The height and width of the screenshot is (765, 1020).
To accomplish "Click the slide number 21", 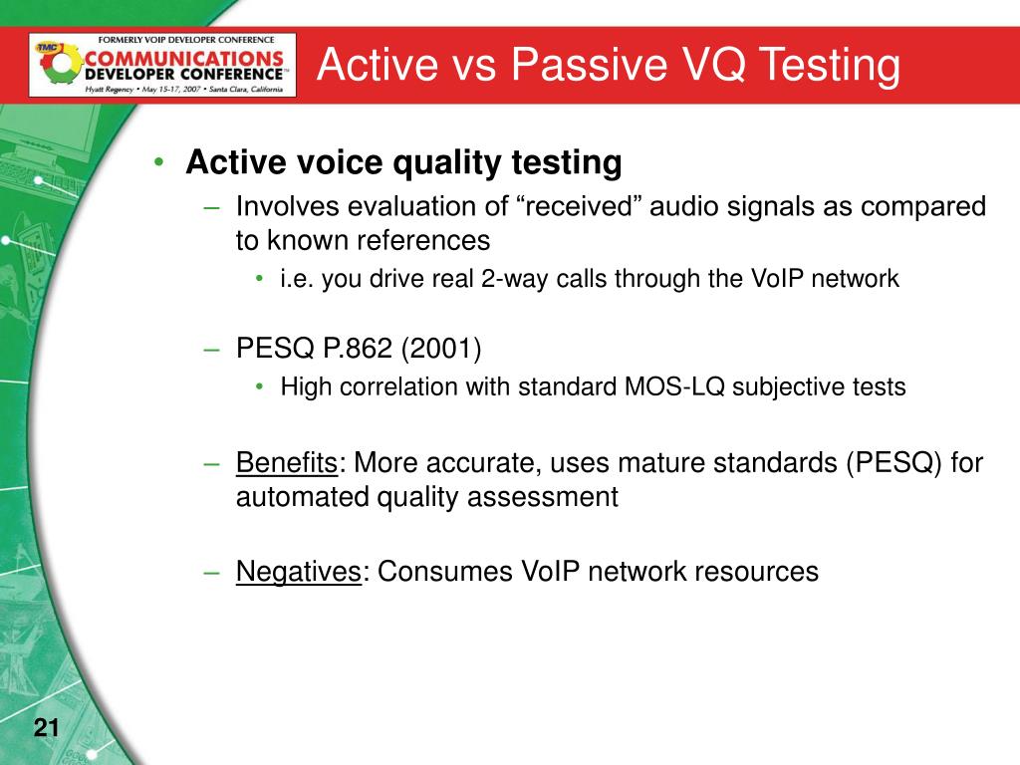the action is [46, 726].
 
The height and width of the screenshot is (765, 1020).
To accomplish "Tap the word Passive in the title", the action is [589, 64].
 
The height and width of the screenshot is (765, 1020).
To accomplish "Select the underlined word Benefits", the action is [287, 462].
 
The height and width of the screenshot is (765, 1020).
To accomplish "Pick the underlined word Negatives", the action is [299, 572].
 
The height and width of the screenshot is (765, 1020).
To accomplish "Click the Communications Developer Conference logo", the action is [162, 65].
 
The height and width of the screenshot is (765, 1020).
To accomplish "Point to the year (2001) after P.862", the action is [441, 348].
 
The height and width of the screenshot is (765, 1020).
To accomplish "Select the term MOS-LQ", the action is [674, 386].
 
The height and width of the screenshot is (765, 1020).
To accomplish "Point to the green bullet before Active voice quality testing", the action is [158, 161].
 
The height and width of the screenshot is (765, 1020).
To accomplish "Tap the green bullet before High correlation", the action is [260, 386].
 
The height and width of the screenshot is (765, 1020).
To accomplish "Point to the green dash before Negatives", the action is [211, 573].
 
